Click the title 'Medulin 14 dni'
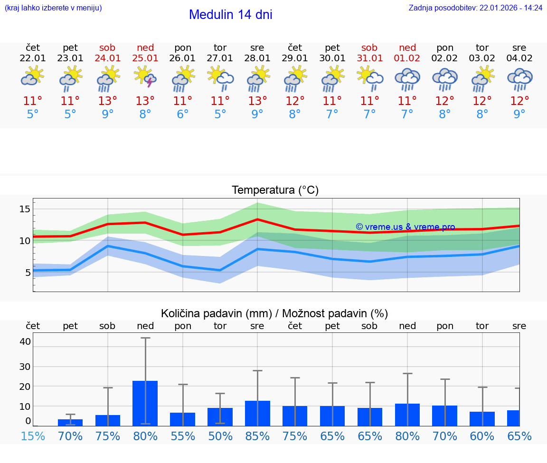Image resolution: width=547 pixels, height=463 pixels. point(230,15)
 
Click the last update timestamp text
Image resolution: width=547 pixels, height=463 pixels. point(475,8)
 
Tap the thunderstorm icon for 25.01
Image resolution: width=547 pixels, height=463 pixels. point(145,77)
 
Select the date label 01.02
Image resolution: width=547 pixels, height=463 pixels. point(407,58)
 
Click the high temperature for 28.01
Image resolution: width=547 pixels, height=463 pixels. point(257,101)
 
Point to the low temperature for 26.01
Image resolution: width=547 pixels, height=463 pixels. point(183,114)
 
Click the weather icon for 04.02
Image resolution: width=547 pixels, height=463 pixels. point(519,79)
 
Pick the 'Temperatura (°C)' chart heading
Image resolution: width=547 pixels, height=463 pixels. point(275,190)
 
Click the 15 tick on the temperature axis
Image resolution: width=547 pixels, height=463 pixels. point(25,209)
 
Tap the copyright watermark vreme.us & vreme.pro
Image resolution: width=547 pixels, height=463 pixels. point(405,227)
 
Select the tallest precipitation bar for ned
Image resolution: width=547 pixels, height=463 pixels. point(145,403)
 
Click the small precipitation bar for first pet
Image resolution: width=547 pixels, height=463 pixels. point(70,422)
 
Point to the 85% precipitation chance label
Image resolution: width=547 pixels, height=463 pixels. point(257,436)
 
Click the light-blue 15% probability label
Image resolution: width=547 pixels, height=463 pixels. point(33,436)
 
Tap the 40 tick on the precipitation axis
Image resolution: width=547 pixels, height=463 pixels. point(25,341)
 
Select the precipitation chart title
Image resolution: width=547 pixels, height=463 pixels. point(274,313)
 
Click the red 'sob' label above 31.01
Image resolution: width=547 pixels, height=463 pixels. point(369,47)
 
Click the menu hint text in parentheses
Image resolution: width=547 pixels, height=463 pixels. point(53,8)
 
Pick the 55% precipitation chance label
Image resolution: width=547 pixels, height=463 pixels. point(183,436)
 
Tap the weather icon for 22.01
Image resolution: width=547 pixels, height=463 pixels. point(33,77)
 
